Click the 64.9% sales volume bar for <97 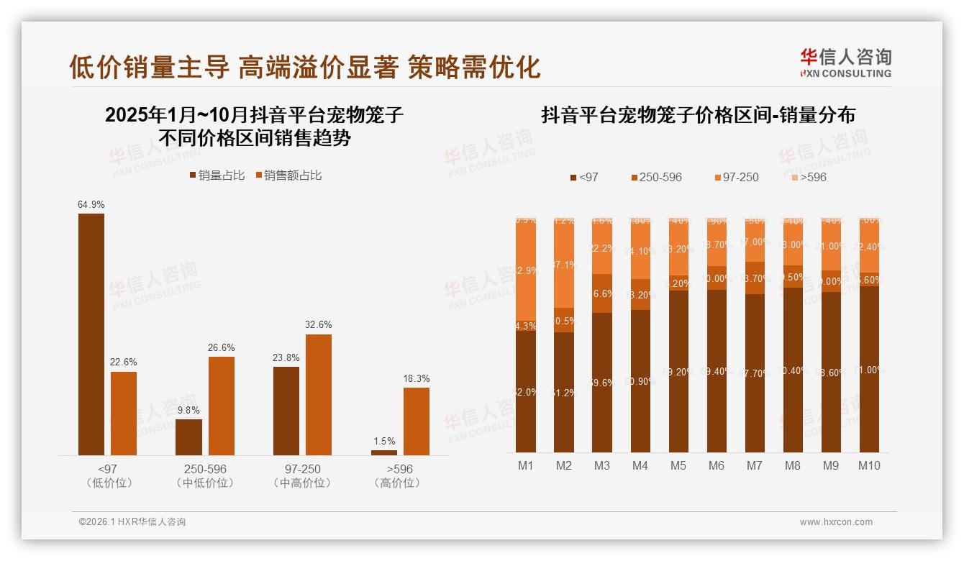tap(91, 334)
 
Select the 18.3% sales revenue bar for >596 tap(416, 421)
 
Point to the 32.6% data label tap(319, 325)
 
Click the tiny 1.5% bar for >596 tap(384, 452)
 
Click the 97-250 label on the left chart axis tap(302, 469)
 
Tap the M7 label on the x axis tap(754, 465)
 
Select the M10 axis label tap(869, 465)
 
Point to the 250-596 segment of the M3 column tap(602, 293)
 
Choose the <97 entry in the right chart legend tap(583, 177)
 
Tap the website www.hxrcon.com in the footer tap(836, 522)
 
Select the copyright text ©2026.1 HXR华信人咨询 tap(132, 522)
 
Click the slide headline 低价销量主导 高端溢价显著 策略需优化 tap(304, 67)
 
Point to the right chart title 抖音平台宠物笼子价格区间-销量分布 tap(698, 115)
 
